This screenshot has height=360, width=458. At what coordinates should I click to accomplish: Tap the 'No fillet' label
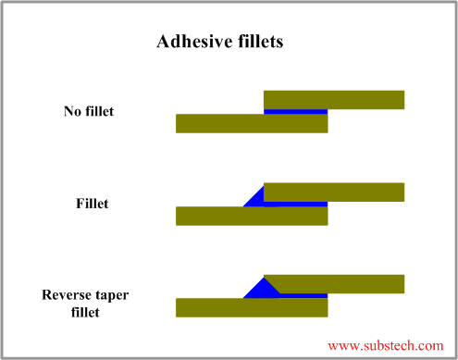[x=89, y=112]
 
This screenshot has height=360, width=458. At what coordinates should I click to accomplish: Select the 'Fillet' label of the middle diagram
[x=92, y=204]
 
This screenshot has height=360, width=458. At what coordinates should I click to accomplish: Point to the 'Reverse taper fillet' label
[x=85, y=304]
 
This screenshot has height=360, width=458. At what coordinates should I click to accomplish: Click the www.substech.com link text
[x=386, y=345]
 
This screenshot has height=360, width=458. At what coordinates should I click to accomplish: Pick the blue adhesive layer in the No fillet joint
[x=295, y=111]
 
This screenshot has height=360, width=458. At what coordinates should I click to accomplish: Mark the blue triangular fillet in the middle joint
[x=256, y=198]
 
